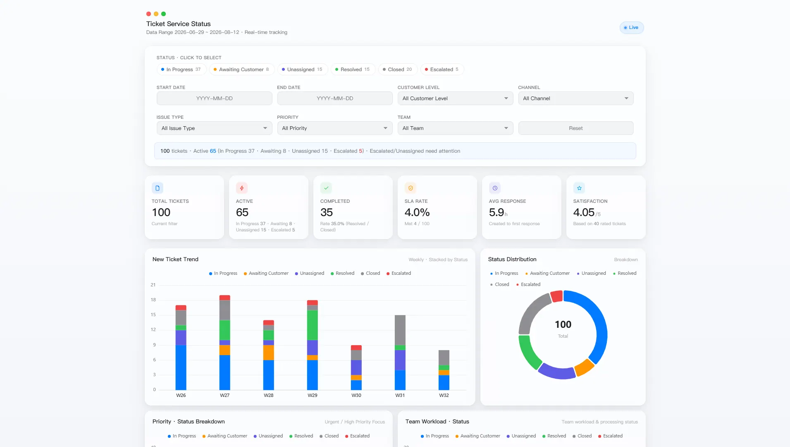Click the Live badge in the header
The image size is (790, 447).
click(631, 28)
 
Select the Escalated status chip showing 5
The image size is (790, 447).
click(442, 70)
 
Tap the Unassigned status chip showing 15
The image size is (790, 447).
click(302, 70)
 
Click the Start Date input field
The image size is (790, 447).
click(214, 99)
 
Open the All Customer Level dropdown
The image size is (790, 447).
click(455, 99)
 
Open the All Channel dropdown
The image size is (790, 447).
click(575, 99)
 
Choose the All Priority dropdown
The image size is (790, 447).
click(334, 128)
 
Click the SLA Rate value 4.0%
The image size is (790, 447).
click(417, 212)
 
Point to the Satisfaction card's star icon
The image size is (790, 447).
click(579, 188)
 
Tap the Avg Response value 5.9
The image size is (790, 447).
click(496, 212)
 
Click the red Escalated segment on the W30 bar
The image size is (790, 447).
click(356, 348)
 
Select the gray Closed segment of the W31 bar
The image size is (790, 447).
click(400, 330)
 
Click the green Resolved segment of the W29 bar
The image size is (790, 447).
click(313, 325)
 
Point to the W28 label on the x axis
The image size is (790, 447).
click(269, 395)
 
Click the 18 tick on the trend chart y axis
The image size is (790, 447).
click(153, 300)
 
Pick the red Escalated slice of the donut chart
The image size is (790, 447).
click(556, 296)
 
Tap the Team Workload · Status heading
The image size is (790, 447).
click(437, 421)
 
